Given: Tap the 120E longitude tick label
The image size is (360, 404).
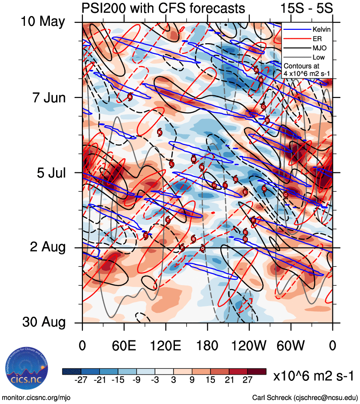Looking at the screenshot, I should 166,345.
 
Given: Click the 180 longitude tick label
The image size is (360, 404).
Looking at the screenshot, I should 207,345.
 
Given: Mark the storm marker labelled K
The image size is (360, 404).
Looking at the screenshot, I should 159,132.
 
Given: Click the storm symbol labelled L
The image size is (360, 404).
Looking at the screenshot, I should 172,163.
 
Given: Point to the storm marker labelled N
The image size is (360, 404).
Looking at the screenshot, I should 202,167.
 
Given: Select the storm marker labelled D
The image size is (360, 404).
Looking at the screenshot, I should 264,188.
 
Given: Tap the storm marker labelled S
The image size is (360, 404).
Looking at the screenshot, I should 193,239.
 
